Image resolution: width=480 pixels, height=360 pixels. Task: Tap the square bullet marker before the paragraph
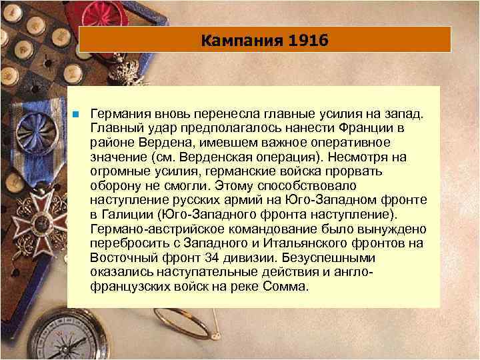[77, 115]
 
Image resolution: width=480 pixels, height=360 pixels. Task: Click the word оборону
[113, 187]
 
